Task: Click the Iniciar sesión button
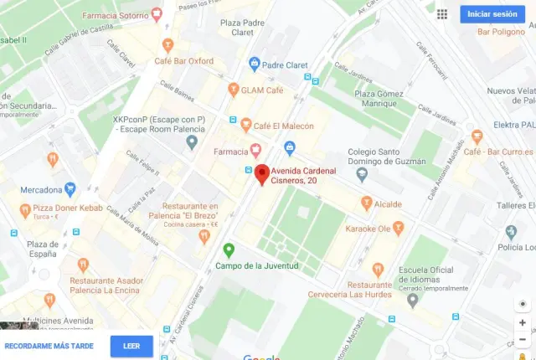[x=492, y=14]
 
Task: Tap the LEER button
[x=131, y=346]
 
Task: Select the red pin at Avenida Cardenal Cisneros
[x=261, y=173]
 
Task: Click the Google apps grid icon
[x=442, y=14]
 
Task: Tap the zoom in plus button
[x=523, y=322]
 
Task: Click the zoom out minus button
[x=523, y=339]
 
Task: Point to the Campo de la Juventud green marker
[x=229, y=249]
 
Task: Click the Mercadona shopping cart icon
[x=70, y=189]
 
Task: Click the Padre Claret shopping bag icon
[x=254, y=64]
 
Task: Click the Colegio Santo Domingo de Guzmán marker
[x=362, y=175]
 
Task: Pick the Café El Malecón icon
[x=245, y=126]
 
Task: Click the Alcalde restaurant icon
[x=366, y=203]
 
